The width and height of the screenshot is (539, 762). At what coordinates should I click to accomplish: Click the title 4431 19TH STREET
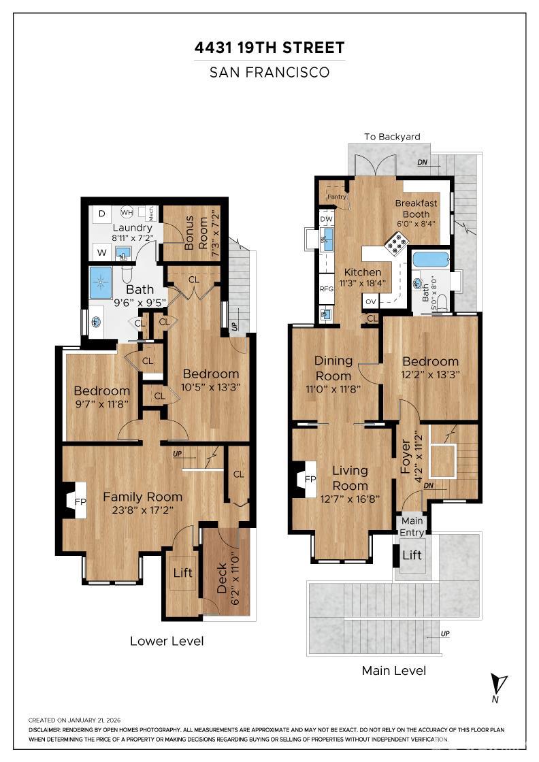[x=269, y=48]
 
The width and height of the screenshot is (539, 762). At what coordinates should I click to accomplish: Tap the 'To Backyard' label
[x=392, y=137]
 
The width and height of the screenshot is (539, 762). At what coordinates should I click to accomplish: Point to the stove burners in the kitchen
[x=396, y=242]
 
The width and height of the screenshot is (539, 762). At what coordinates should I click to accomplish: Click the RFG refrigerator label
[x=327, y=288]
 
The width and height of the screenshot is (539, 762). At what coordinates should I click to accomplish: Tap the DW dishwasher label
[x=326, y=218]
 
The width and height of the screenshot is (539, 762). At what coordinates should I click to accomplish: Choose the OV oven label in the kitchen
[x=371, y=301]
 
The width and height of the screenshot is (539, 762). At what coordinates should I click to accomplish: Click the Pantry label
[x=337, y=197]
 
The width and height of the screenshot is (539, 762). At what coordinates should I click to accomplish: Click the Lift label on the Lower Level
[x=182, y=573]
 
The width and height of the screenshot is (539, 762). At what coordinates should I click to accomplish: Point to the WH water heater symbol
[x=127, y=211]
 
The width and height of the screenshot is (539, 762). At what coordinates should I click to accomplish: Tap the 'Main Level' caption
[x=394, y=671]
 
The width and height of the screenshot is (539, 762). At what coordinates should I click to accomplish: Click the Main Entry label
[x=411, y=527]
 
